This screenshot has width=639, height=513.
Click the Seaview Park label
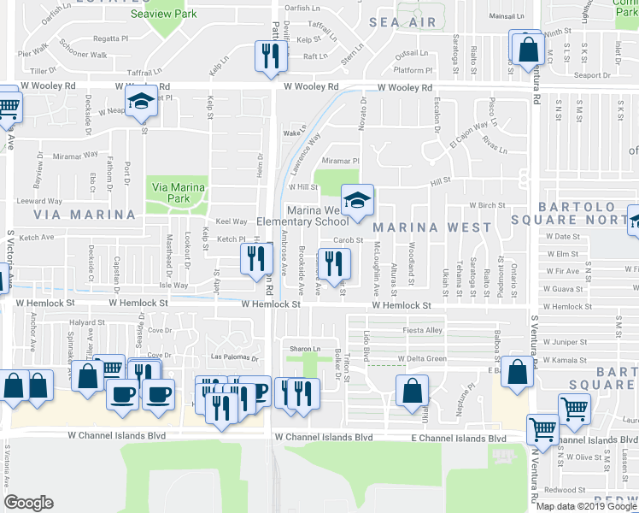tap(163, 14)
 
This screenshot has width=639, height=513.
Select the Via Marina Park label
tap(178, 192)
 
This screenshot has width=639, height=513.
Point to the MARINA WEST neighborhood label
tap(432, 227)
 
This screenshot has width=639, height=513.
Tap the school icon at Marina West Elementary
tap(358, 202)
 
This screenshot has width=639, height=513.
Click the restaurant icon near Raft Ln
tap(267, 56)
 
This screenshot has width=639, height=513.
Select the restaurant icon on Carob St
tap(333, 262)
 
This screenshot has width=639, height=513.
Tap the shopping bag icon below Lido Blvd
tap(412, 392)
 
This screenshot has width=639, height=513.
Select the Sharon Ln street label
tap(304, 349)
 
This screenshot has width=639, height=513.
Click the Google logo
tap(28, 503)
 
